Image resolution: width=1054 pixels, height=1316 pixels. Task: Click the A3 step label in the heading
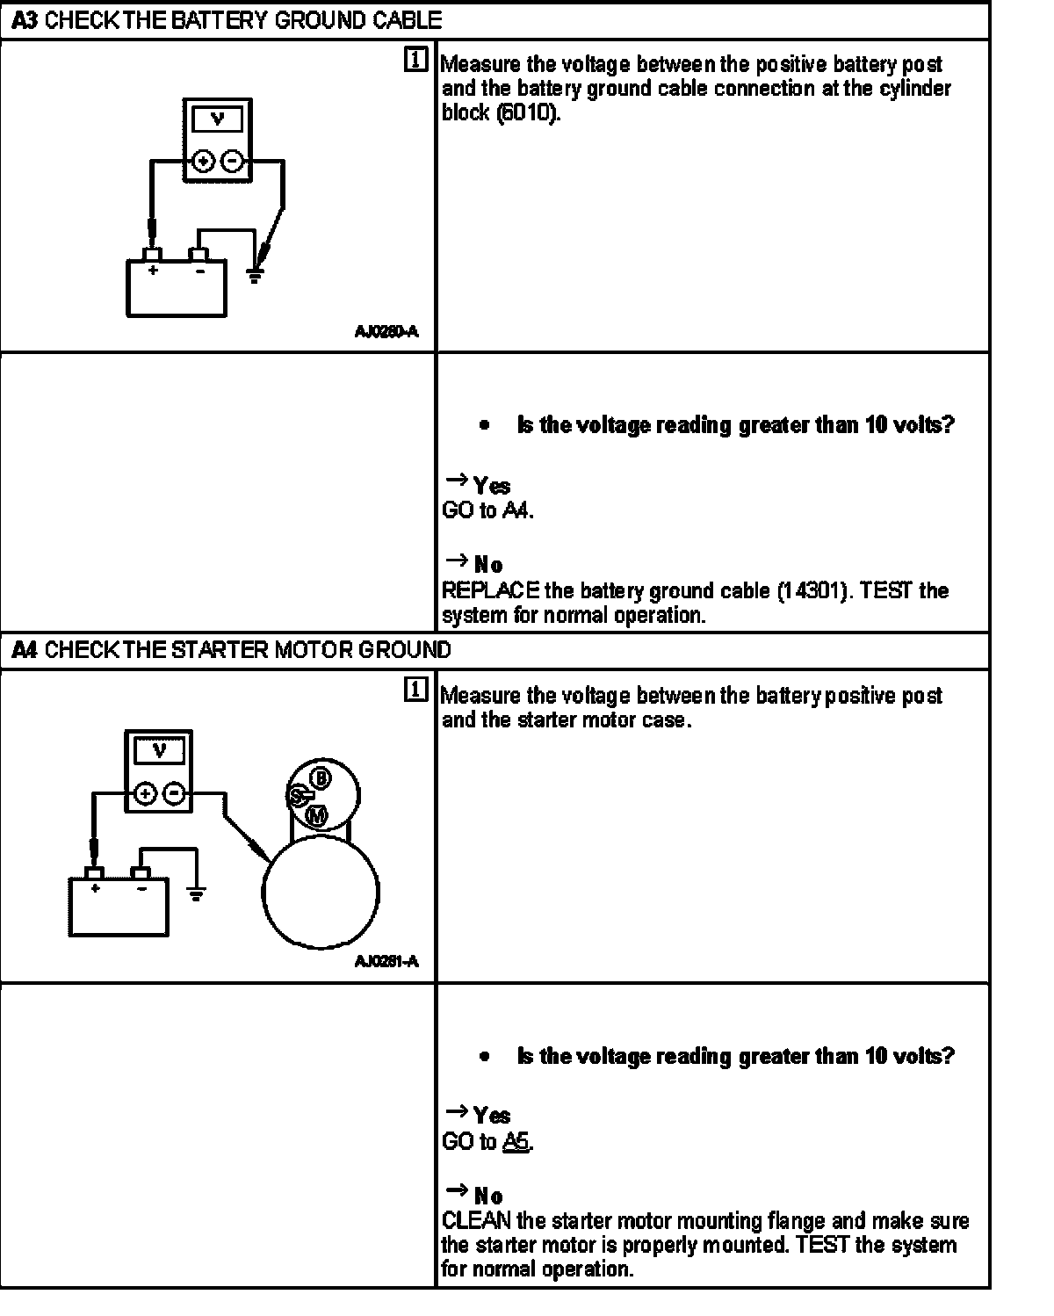[x=25, y=20]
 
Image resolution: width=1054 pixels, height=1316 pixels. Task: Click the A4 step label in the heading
[x=25, y=651]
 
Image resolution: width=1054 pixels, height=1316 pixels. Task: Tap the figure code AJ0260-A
[x=386, y=331]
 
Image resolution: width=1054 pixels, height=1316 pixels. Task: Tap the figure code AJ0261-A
[x=386, y=961]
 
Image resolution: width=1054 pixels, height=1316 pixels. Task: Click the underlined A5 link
[x=516, y=1142]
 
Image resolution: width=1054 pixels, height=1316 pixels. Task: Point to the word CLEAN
[x=475, y=1221]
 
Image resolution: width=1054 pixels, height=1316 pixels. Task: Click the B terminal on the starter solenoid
[x=321, y=778]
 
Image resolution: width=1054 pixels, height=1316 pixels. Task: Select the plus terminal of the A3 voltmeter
[x=204, y=162]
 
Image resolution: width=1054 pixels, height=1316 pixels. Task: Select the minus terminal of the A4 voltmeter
[x=175, y=794]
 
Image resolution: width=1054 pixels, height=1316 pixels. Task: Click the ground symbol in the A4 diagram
[x=196, y=894]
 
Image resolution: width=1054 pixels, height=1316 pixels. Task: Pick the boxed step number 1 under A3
[x=416, y=61]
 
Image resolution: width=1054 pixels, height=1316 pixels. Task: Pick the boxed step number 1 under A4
[x=416, y=691]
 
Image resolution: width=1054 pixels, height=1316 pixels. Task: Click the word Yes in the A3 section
[x=492, y=486]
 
